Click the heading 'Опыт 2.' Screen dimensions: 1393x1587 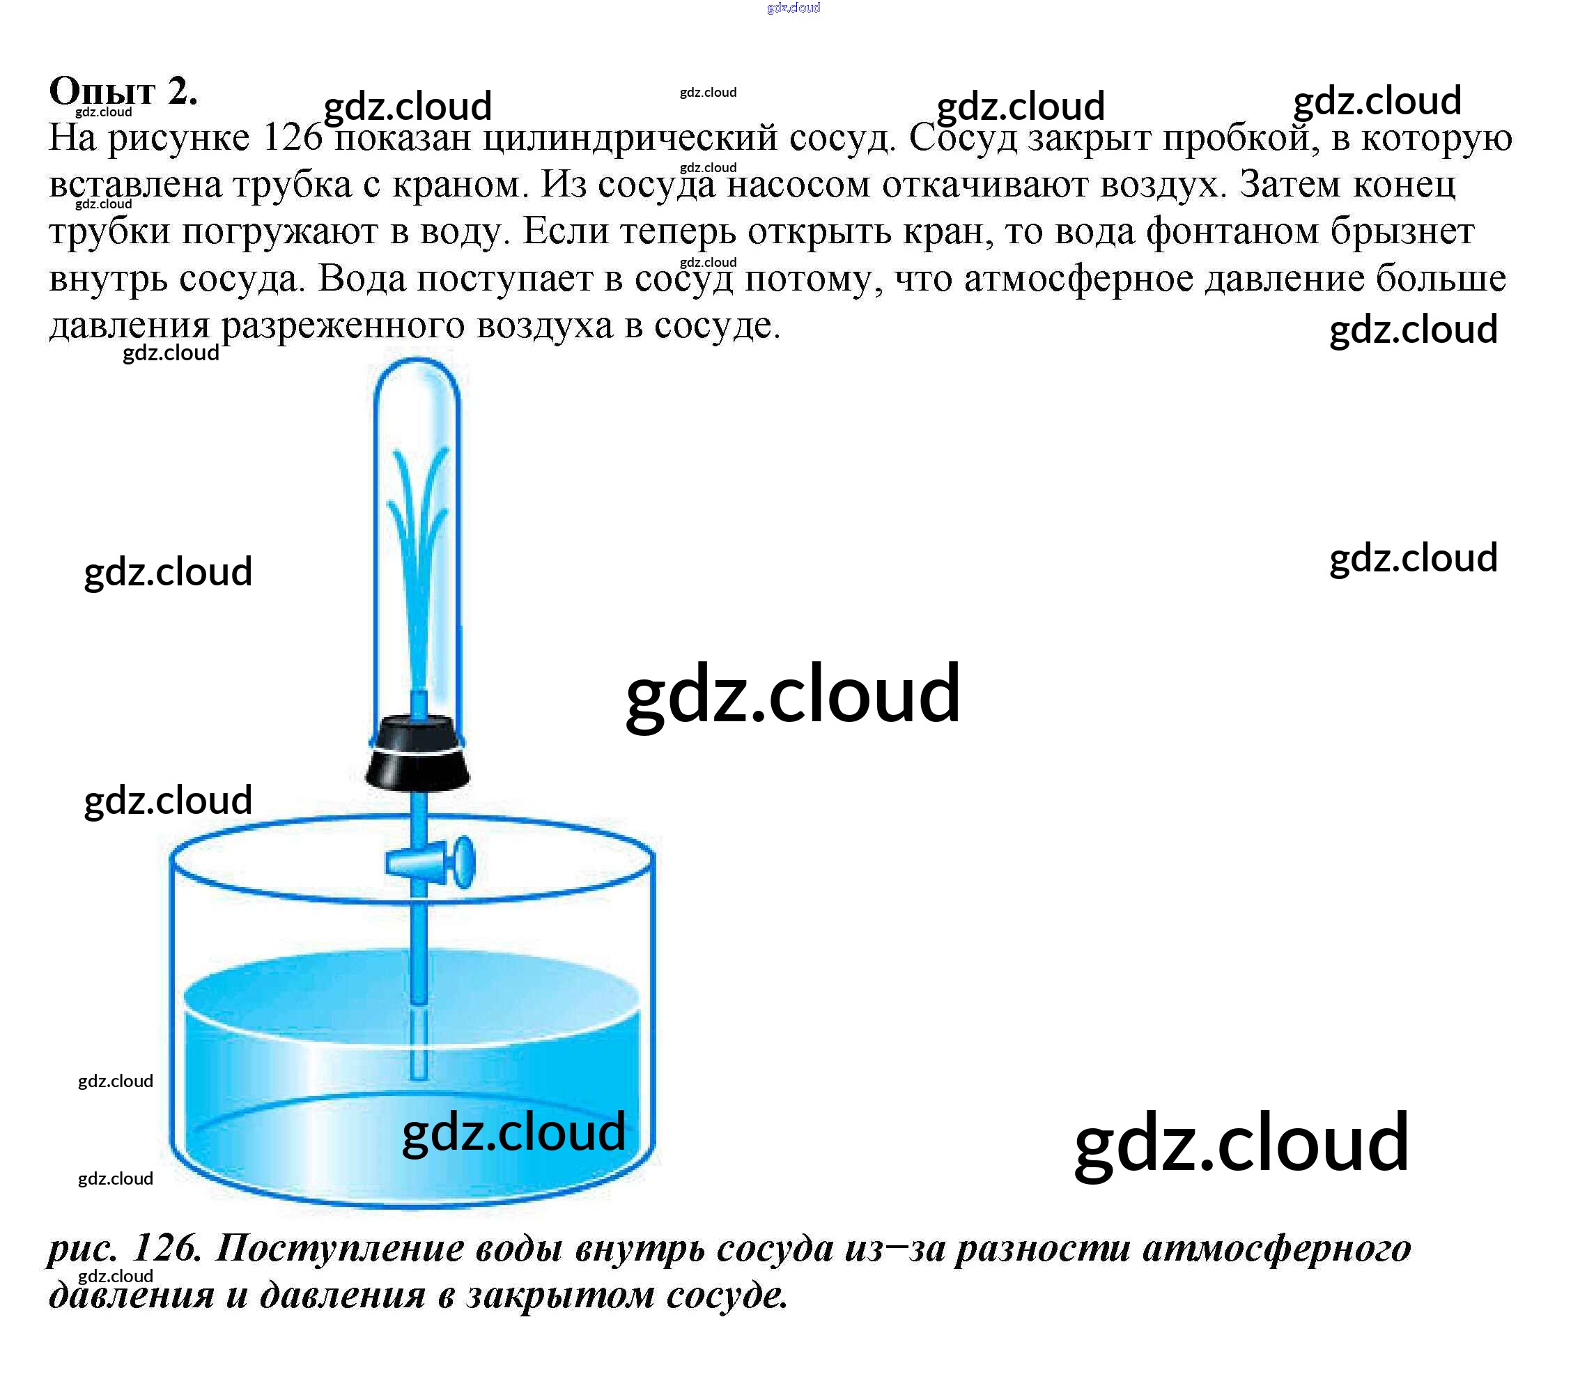[123, 91]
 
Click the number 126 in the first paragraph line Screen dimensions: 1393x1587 [293, 138]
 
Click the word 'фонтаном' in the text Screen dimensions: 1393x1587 [1232, 232]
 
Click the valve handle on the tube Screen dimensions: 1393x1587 [463, 861]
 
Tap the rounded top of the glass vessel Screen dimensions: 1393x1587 [417, 373]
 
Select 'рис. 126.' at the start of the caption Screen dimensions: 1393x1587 [124, 1248]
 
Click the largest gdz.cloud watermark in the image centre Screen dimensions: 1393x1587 [793, 693]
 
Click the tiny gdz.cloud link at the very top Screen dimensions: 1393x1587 [793, 8]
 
